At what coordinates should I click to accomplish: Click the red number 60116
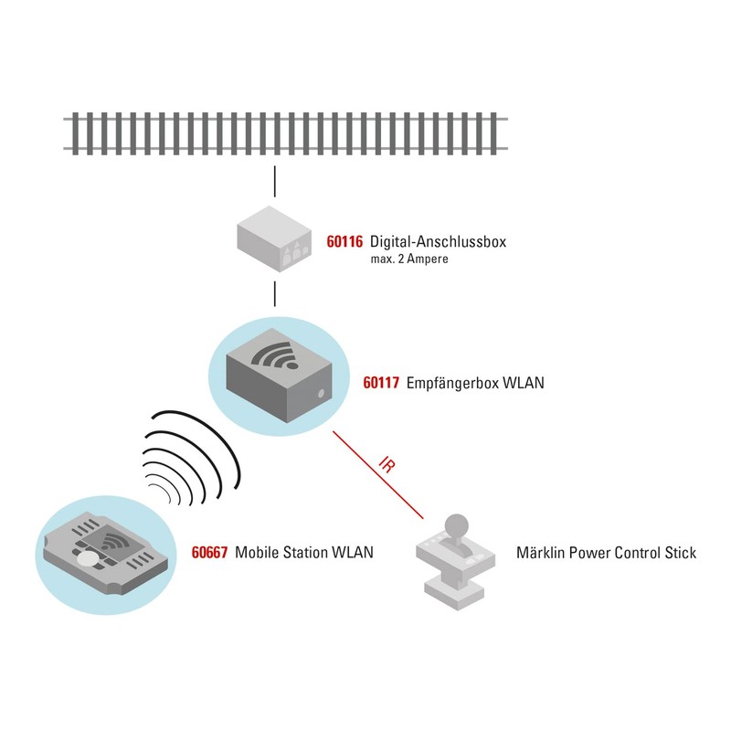[344, 241]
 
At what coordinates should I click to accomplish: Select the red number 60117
[381, 383]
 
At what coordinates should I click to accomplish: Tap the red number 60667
[210, 553]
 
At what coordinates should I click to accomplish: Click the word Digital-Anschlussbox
[438, 241]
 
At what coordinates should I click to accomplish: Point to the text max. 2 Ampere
[409, 260]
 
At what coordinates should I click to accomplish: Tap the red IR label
[387, 465]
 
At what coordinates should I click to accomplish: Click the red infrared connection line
[378, 474]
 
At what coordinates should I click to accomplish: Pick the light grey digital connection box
[274, 238]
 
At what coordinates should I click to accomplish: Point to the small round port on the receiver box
[321, 394]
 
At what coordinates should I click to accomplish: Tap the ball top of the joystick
[456, 525]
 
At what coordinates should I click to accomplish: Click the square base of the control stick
[455, 591]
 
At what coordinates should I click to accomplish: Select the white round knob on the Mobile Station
[88, 558]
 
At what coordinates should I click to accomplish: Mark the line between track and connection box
[275, 181]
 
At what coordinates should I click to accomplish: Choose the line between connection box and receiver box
[275, 293]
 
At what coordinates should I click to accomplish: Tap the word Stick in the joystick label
[681, 553]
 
